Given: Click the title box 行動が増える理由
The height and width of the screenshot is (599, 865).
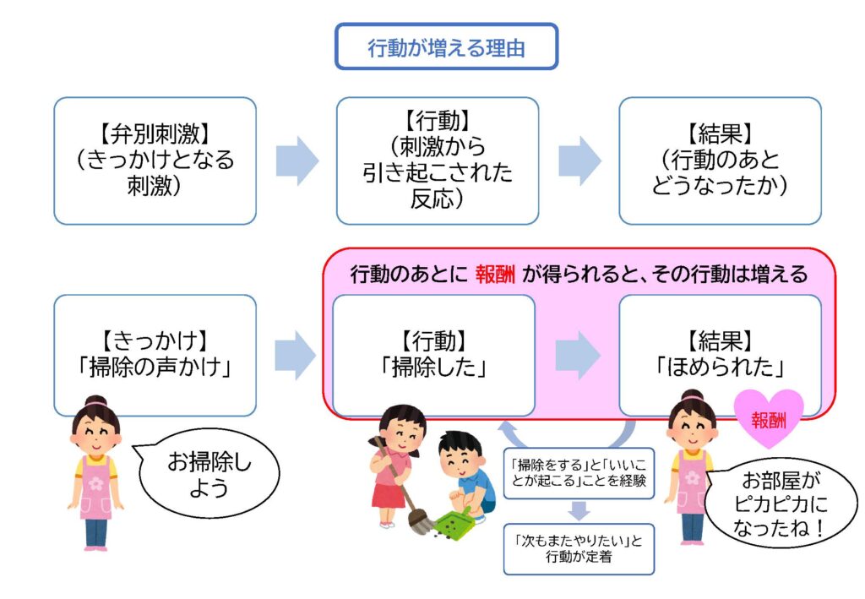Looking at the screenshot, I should pyautogui.click(x=446, y=46).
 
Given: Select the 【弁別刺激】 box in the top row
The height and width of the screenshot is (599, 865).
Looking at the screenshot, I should pyautogui.click(x=155, y=161).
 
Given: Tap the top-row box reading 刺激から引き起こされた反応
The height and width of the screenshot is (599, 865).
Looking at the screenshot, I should pyautogui.click(x=438, y=161).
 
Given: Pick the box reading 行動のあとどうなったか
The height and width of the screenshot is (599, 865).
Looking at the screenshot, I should pyautogui.click(x=720, y=161).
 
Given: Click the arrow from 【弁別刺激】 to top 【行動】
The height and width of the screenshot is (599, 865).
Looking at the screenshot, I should pyautogui.click(x=296, y=161).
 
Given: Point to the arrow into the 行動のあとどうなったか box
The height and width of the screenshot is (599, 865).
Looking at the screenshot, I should pyautogui.click(x=579, y=161).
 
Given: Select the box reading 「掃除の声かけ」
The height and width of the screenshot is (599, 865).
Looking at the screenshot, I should pyautogui.click(x=155, y=355).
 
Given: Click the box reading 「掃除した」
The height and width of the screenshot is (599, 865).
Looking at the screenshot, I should pyautogui.click(x=433, y=355).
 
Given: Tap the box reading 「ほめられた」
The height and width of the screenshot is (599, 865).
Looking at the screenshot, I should pyautogui.click(x=720, y=355).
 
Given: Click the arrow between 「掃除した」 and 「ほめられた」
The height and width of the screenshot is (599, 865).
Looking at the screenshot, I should pyautogui.click(x=577, y=355).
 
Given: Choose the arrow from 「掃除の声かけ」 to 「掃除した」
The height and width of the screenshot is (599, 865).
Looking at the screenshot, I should pyautogui.click(x=295, y=355).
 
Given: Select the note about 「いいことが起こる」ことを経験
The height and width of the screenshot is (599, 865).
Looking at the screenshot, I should pyautogui.click(x=579, y=473).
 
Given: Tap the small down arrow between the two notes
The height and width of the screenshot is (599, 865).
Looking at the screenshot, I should pyautogui.click(x=579, y=510).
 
